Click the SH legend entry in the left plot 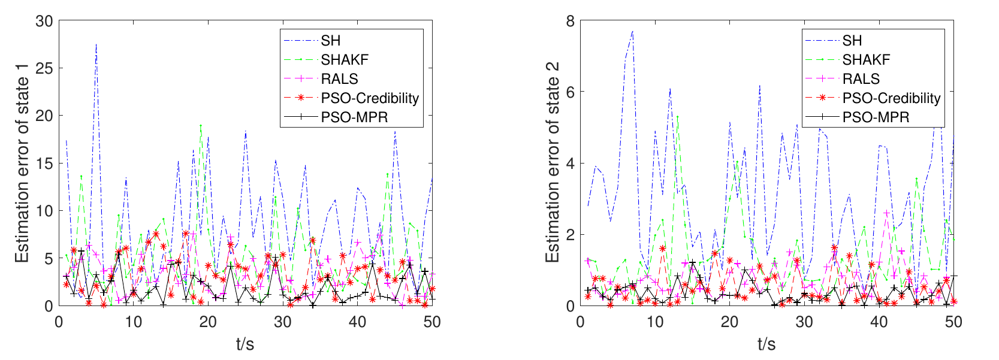[330, 41]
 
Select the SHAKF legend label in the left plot [345, 60]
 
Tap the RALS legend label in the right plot [861, 79]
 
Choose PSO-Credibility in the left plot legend [370, 98]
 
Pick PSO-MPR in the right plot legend [876, 117]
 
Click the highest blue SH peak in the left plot [96, 44]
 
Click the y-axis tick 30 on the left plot [45, 21]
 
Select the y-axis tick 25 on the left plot [45, 68]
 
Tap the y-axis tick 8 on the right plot [570, 21]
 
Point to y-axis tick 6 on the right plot [570, 92]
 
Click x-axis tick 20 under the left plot [208, 322]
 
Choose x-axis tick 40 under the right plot [879, 322]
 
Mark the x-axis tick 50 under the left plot [432, 322]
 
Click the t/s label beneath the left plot [245, 344]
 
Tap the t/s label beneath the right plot [766, 344]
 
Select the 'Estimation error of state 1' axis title [22, 163]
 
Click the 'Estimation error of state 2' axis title [553, 163]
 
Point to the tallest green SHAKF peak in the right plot [677, 116]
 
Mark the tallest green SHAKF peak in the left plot [201, 125]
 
